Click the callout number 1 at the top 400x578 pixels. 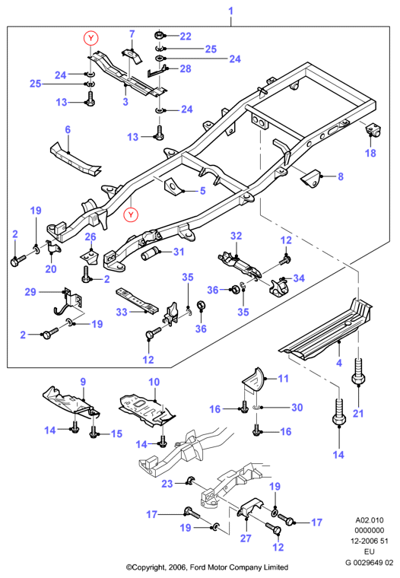[230, 11]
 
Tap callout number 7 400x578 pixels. [132, 34]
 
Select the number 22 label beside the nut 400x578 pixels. [186, 37]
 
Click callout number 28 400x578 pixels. [186, 68]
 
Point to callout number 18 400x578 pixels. [370, 153]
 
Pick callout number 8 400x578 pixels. [341, 176]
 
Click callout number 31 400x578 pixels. [179, 252]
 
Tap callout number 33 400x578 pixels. [122, 312]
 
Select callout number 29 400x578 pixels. [30, 292]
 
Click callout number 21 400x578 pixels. [358, 413]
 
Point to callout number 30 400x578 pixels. [297, 408]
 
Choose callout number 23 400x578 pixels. [167, 483]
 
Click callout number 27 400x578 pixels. [246, 538]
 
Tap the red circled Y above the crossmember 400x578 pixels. [91, 37]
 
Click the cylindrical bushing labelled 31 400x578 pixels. [150, 254]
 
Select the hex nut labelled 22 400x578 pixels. [159, 36]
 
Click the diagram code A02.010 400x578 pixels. [370, 520]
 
